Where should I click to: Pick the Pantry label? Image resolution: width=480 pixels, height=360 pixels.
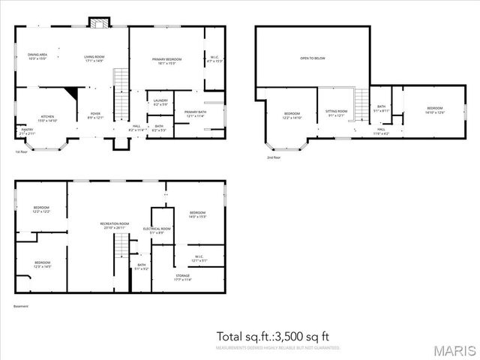(27, 130)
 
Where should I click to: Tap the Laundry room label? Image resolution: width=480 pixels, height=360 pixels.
(160, 102)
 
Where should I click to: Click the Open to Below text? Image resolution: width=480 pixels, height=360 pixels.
(312, 58)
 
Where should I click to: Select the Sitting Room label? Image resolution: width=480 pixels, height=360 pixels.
(334, 113)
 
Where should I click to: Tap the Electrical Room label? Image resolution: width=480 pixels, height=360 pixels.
(157, 229)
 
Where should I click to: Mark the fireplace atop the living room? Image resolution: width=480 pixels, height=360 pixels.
(96, 22)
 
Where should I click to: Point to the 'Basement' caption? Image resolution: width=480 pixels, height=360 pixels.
(21, 306)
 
